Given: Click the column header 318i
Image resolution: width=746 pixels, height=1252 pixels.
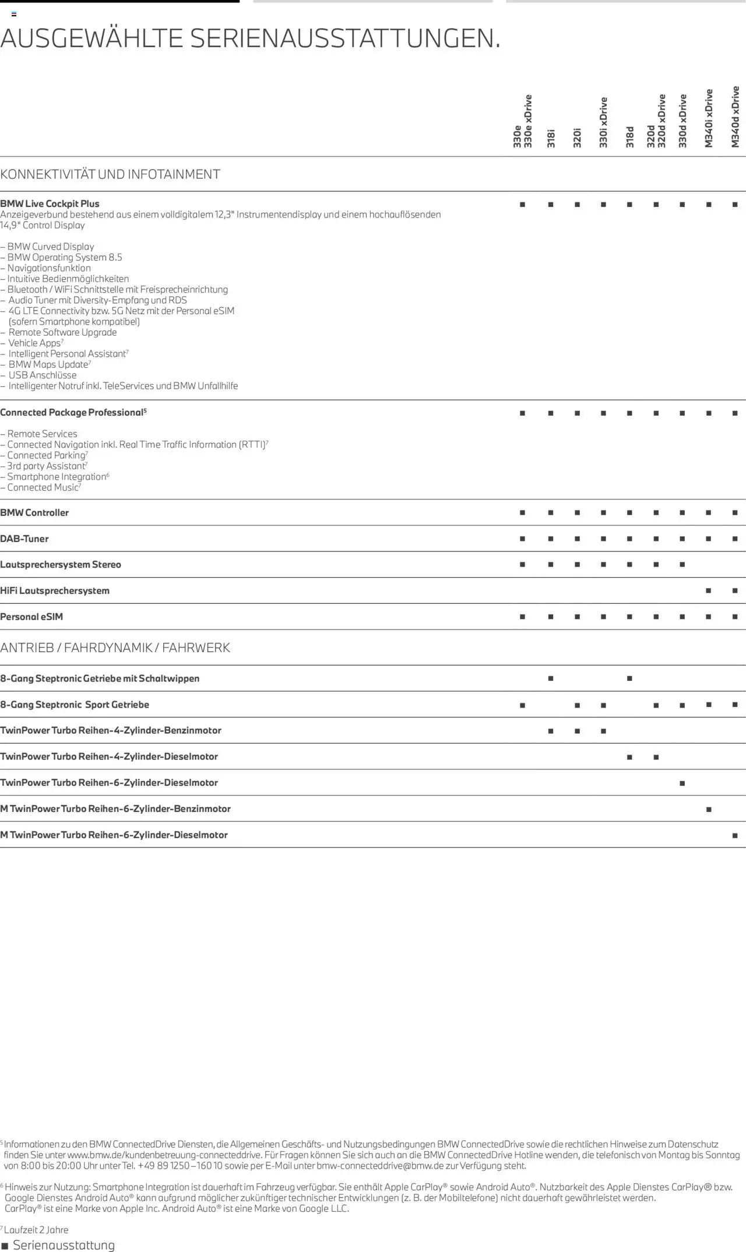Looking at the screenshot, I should pos(551,139).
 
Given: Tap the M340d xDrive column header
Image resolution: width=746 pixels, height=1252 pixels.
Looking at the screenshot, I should pos(735,117).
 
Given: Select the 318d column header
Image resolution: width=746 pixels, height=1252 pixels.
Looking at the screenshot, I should pos(629,136).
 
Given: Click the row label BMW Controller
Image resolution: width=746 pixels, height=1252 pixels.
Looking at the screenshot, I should pos(34,513).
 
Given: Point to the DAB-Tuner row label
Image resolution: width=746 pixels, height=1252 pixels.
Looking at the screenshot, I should pos(24,539).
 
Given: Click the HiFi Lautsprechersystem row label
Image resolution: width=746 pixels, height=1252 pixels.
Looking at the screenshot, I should pos(55,590).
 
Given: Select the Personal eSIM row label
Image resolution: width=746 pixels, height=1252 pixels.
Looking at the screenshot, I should pos(31,617).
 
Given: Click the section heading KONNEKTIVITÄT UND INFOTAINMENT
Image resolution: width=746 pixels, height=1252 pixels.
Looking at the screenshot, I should pos(110,174).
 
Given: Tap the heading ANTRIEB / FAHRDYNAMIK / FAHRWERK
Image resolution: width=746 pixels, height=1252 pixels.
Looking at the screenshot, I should pos(115,648).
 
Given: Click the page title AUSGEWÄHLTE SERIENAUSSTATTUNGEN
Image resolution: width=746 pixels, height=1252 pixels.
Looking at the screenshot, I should pos(251,38).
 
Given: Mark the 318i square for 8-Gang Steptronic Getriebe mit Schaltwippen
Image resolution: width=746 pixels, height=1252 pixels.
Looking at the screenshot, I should pos(551,678).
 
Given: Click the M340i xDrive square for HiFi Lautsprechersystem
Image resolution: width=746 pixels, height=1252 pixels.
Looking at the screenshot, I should pos(709,590).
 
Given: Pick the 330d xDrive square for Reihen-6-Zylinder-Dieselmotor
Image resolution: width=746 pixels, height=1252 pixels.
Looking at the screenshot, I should pos(682,783).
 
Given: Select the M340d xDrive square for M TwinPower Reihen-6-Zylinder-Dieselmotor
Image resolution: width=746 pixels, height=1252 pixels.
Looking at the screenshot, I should pos(735,835).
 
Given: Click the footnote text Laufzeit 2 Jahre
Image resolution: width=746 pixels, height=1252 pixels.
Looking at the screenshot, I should pos(36,1230).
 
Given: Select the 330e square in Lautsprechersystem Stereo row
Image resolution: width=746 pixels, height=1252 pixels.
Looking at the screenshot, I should pos(522,565).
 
